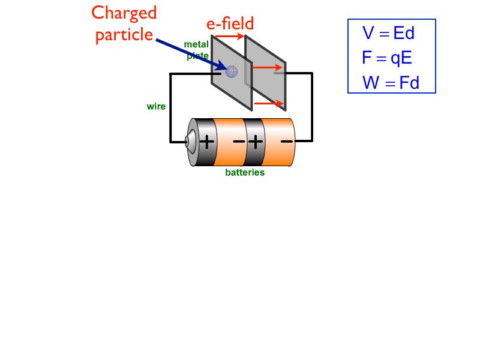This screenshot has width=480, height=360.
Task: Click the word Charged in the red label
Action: point(124,14)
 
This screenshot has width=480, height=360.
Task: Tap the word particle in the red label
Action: point(124,35)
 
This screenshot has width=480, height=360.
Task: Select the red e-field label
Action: point(230,23)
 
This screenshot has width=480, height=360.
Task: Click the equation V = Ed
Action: point(389,33)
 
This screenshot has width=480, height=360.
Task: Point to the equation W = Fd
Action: point(391,83)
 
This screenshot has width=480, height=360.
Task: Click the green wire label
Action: point(156,107)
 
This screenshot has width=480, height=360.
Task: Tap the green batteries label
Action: point(245,173)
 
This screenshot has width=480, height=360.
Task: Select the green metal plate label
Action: point(196,50)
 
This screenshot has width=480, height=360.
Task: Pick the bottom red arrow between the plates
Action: point(269,103)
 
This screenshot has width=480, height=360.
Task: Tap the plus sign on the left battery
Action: point(206,142)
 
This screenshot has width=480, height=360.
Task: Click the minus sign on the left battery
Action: point(239,142)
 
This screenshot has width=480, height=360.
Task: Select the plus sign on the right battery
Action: point(255,142)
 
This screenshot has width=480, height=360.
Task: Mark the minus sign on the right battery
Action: point(287,142)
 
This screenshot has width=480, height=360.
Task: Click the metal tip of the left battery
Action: point(188,142)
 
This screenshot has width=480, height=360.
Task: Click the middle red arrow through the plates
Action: point(267,68)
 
